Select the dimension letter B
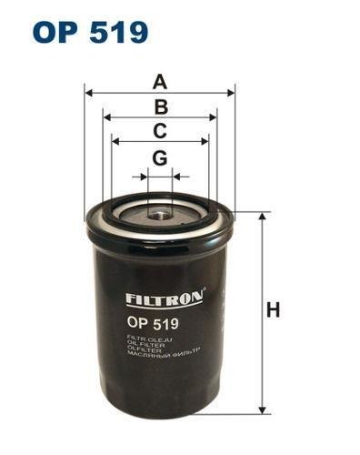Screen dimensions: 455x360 160,106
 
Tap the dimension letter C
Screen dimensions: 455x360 160,130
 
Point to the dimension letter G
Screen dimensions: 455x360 160,158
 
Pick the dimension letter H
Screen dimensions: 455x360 273,310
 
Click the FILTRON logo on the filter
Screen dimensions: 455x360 165,297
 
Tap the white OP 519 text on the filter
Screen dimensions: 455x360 152,322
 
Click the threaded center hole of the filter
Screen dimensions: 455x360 160,215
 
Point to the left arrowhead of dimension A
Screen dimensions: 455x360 88,92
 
